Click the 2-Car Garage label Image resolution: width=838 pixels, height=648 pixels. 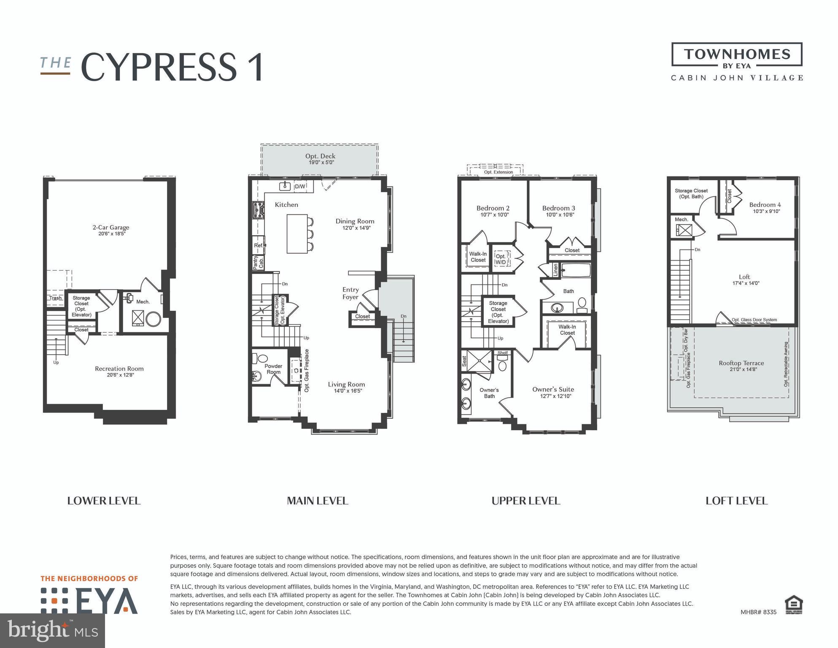coord(111,227)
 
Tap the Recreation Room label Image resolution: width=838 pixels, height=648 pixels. coord(119,369)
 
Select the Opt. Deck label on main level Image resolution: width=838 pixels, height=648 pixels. coord(321,156)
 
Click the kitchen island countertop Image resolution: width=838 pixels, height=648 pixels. coord(297,233)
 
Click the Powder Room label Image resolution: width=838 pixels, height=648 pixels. coord(273,369)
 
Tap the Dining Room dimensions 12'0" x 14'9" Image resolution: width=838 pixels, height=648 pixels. coord(356,228)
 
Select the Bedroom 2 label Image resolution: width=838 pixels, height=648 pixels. coord(493,208)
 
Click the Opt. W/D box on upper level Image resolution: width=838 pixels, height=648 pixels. coord(501,259)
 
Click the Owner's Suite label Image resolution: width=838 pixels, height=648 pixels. coord(553,389)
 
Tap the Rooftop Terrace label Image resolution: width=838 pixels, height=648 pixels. coord(741,363)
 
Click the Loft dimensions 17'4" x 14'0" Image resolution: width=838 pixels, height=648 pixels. coord(746,283)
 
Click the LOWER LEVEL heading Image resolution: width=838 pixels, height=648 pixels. coord(104,501)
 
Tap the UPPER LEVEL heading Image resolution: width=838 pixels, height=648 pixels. coord(526,501)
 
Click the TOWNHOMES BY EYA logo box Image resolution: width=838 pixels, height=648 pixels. coord(737,55)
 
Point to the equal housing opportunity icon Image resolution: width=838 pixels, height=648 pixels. coord(793,605)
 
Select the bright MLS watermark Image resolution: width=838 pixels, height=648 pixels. coord(52,630)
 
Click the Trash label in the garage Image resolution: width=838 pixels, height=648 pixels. coord(55,298)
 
